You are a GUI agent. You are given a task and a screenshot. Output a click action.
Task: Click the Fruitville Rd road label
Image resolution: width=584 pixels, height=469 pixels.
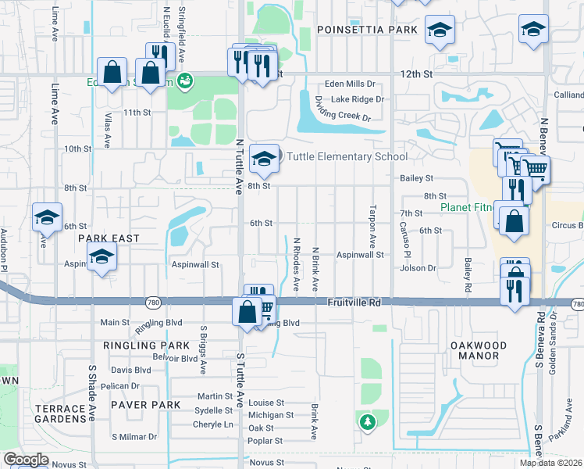353,302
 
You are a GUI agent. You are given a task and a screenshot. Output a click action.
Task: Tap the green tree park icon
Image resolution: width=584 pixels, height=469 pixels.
366,422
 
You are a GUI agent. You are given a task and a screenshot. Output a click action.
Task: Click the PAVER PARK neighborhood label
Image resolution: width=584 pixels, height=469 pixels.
145,405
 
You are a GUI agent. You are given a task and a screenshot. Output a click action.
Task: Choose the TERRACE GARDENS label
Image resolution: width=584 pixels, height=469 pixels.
59,414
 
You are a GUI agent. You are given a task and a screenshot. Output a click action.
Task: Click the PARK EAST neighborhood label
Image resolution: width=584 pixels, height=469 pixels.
109,238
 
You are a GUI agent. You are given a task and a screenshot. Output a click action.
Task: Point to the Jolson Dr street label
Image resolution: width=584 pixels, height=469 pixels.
418,268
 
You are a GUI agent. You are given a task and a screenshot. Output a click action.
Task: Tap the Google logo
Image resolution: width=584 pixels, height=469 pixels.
26,460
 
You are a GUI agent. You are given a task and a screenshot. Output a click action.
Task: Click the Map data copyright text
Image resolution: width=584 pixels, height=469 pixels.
550,463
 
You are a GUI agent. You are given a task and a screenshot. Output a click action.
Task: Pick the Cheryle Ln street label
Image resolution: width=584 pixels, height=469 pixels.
213,424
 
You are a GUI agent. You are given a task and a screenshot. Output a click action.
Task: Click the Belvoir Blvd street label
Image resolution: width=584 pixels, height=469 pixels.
174,358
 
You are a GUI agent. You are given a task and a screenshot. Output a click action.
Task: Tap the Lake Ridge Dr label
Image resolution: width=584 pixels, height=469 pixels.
358,99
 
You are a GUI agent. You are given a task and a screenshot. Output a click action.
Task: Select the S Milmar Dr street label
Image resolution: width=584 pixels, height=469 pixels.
134,437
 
